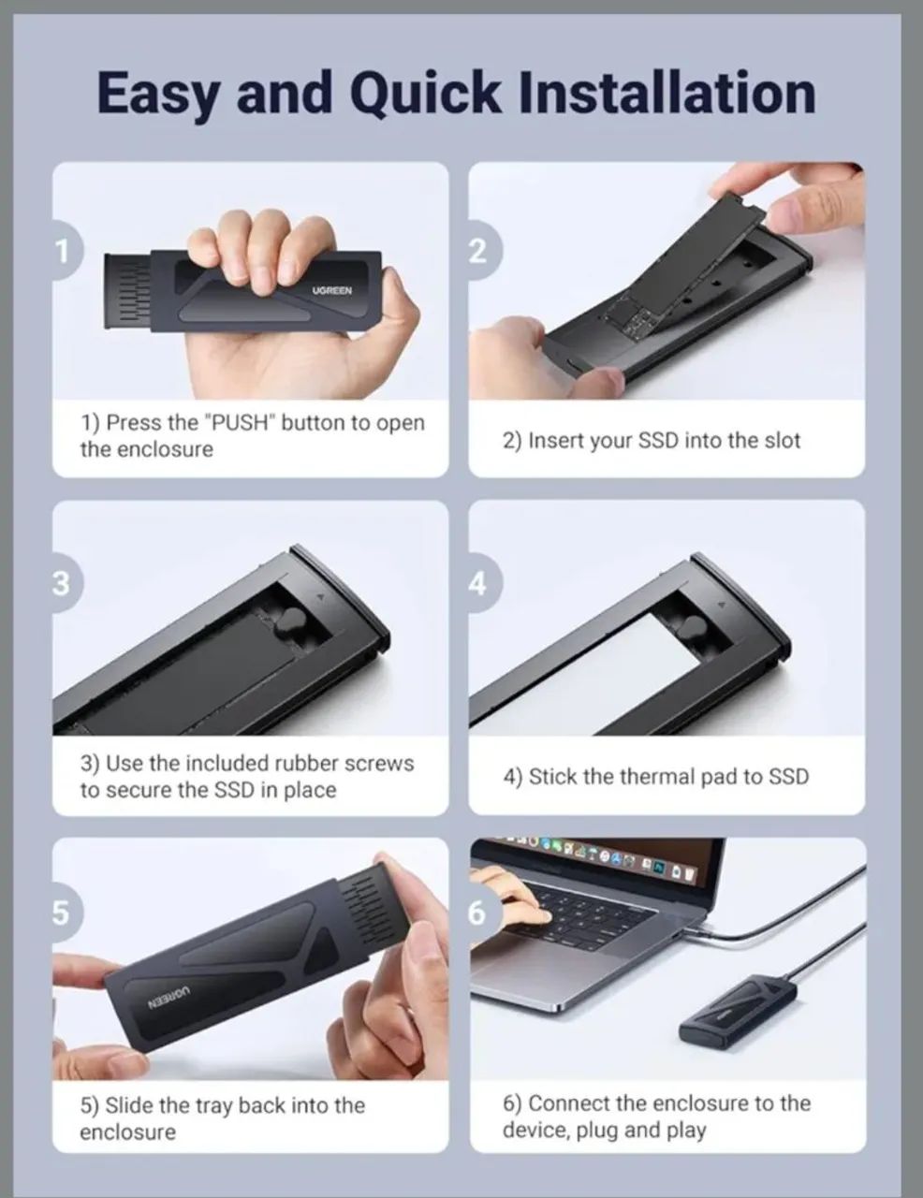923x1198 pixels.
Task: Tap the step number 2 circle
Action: pyautogui.click(x=478, y=251)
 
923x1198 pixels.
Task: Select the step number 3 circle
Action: pyautogui.click(x=62, y=584)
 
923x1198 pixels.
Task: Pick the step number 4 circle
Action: pyautogui.click(x=478, y=584)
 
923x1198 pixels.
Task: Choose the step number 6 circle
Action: pyautogui.click(x=478, y=913)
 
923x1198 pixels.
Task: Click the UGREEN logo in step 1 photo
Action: pyautogui.click(x=332, y=291)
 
